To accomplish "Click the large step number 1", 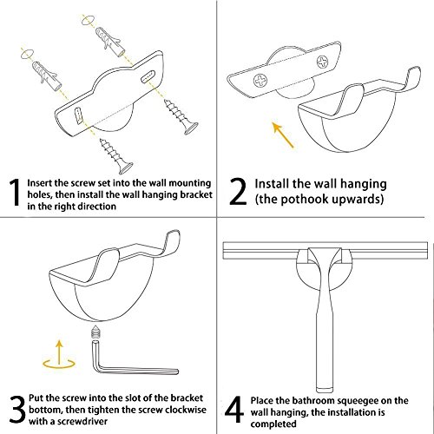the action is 15,192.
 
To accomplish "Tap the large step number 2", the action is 238,192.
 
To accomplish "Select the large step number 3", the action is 17,409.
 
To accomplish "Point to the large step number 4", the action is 234,409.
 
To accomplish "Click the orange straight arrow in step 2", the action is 284,135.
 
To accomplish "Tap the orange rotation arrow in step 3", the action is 59,356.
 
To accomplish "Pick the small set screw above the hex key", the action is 95,332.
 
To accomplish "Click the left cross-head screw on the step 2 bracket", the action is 260,80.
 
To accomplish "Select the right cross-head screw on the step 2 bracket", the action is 323,62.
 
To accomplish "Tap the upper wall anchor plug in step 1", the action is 109,42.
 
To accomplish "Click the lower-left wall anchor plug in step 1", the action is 45,76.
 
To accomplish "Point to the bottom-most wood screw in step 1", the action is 116,156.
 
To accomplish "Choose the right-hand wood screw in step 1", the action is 181,117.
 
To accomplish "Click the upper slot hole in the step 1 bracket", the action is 148,76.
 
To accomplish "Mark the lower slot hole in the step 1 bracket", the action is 78,116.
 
